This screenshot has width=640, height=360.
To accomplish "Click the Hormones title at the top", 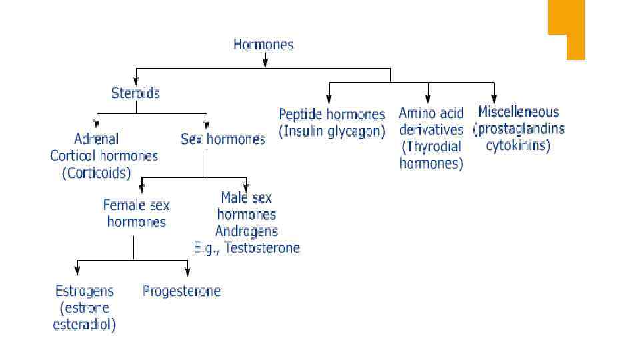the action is (x=263, y=45).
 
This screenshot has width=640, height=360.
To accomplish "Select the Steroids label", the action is (x=135, y=93).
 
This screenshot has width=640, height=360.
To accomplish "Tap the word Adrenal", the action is (x=96, y=139).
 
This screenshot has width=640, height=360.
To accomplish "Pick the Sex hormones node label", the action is (x=223, y=139).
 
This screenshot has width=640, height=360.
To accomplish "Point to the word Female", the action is (x=121, y=205).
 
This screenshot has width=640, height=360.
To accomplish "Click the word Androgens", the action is (x=247, y=231).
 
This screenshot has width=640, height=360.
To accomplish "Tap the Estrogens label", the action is (x=85, y=291).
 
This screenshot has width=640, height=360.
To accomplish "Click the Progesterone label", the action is (x=181, y=291).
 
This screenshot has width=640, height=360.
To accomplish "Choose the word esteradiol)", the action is (x=85, y=325).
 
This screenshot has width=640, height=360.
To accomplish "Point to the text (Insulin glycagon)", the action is (x=332, y=131).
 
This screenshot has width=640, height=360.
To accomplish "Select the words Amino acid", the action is (x=431, y=113).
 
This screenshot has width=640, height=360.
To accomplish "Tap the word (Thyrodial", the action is (x=431, y=147).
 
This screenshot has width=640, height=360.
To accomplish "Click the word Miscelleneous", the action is (x=519, y=112).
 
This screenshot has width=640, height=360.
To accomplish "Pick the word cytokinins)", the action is (x=518, y=146).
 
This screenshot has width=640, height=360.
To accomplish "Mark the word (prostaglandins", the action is (x=519, y=129).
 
